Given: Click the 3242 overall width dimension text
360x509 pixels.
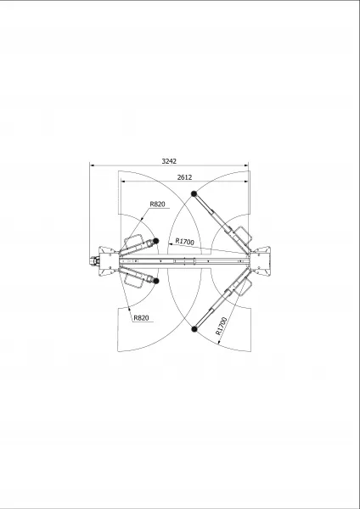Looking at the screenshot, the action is click(169, 161).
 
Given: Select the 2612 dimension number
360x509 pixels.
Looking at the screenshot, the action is click(184, 177).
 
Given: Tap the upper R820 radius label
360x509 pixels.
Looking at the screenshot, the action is click(158, 204).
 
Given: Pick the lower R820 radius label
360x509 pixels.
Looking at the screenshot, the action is click(141, 318).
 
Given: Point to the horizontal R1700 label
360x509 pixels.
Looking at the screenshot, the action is click(184, 242).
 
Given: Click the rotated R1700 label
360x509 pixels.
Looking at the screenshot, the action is click(221, 326).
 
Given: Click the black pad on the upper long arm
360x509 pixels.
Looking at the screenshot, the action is click(194, 193).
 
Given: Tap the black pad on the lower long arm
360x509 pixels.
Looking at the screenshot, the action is click(194, 329).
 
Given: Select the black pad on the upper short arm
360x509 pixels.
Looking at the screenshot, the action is click(155, 241).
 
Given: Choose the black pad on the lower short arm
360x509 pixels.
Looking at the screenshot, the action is click(156, 281).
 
